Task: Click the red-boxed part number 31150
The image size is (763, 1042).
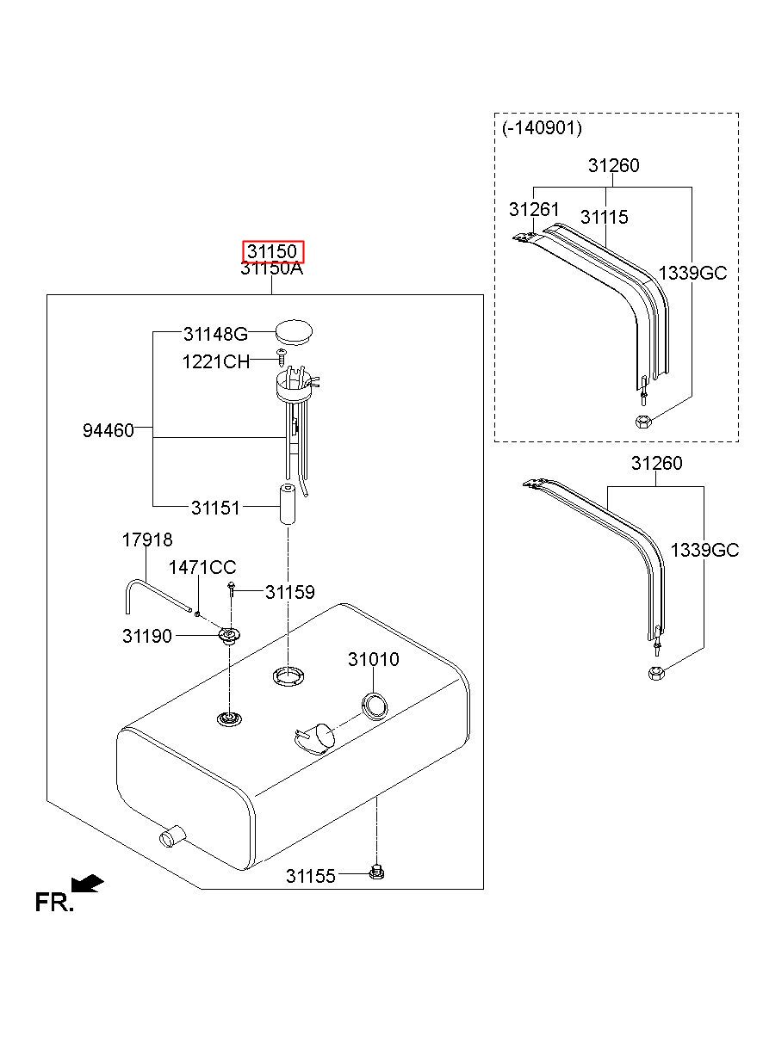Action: (272, 252)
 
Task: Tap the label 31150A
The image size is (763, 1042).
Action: (272, 268)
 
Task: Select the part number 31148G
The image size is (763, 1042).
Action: (215, 334)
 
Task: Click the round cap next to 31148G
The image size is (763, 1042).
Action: (295, 332)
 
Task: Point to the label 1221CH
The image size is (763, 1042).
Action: (215, 361)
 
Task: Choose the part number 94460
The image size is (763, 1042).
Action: (109, 430)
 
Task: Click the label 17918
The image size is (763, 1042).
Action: (146, 540)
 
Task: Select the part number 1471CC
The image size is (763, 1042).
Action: (202, 568)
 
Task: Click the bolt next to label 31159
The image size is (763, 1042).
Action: (233, 590)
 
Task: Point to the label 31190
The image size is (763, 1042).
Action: (147, 636)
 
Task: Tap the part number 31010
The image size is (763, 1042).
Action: (374, 660)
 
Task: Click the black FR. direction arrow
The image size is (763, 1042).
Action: (88, 884)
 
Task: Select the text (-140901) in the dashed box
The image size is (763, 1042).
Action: (542, 128)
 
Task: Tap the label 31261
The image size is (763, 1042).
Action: (534, 210)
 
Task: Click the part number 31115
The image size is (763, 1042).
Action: (605, 218)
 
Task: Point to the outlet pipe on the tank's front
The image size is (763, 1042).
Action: (171, 835)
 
